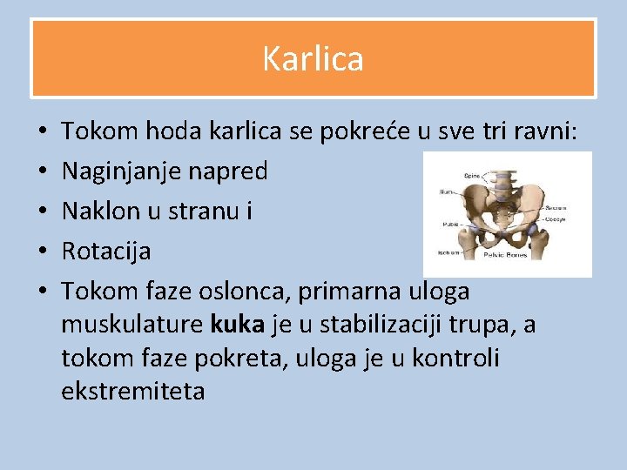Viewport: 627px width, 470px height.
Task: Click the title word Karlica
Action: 313,59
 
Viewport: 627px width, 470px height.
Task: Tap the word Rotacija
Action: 106,252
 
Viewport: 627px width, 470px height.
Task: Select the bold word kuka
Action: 238,325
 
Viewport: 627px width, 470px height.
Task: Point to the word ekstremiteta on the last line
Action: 133,391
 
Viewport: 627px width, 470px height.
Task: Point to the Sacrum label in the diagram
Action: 556,207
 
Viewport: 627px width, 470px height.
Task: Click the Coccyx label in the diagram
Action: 557,218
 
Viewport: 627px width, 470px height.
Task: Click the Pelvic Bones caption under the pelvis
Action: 505,255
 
